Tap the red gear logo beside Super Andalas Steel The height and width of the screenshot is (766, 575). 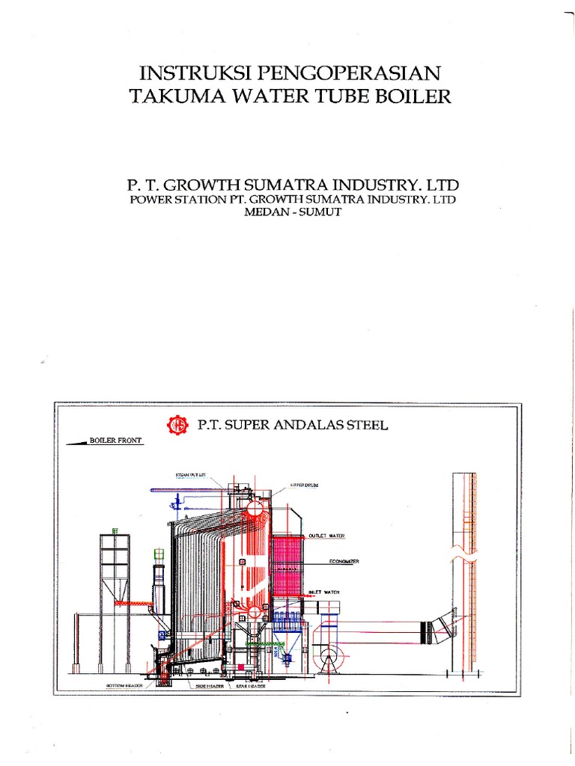coord(178,425)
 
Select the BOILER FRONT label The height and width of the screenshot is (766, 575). coord(115,441)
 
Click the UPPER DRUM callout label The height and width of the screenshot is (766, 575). coord(304,485)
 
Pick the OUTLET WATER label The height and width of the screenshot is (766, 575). coord(326,536)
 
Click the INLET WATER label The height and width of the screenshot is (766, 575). coord(324,592)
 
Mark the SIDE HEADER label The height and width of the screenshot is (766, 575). coord(211,684)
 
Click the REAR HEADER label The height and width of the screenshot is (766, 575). coord(250,684)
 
